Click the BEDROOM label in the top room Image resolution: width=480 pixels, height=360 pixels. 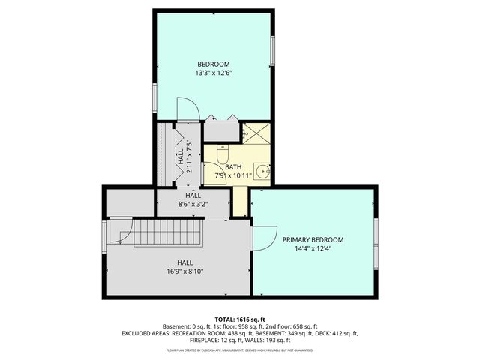coord(213,64)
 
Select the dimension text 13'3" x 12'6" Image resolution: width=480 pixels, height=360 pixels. coord(213,73)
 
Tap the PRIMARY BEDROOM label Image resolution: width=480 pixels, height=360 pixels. coord(313,240)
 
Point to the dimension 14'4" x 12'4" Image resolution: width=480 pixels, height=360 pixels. coord(313,249)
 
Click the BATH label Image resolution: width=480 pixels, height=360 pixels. coord(233,167)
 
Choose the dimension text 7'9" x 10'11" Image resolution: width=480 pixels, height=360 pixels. coord(233,176)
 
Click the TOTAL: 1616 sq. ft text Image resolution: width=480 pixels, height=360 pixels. coord(240,319)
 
